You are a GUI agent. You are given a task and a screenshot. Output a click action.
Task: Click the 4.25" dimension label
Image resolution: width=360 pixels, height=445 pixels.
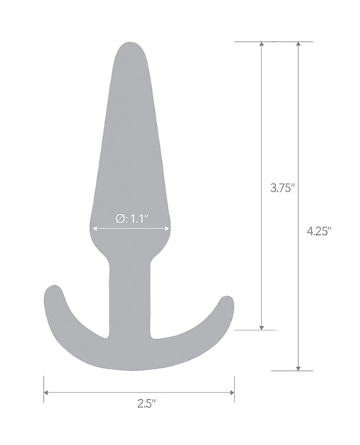click(317, 231)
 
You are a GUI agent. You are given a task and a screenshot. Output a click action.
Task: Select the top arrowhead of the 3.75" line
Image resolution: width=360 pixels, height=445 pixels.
click(261, 45)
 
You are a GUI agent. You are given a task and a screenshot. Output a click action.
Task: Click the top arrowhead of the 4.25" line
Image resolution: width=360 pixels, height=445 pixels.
click(297, 45)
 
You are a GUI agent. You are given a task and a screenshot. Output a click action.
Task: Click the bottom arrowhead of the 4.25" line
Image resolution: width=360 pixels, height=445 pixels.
click(297, 367)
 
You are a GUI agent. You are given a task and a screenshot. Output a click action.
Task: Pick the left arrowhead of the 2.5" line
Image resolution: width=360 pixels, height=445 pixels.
click(47, 392)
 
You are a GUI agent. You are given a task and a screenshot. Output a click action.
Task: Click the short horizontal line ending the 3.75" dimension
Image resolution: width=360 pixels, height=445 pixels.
click(255, 330)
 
